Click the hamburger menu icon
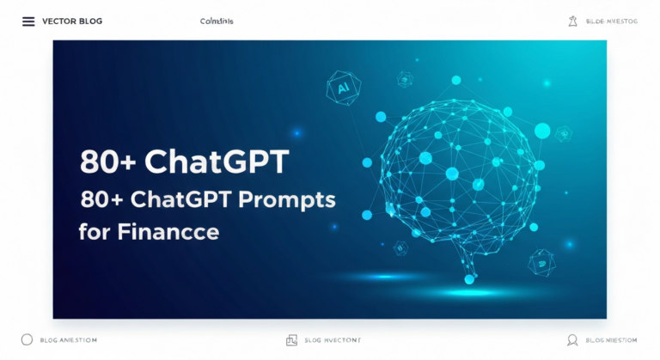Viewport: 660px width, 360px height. (28, 21)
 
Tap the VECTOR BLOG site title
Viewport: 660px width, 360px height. (72, 21)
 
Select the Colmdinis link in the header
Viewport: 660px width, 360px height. (216, 21)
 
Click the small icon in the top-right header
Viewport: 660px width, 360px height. (572, 21)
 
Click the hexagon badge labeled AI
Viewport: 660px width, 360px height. (344, 87)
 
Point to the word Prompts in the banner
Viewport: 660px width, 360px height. (291, 198)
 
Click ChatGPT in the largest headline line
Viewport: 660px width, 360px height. (217, 162)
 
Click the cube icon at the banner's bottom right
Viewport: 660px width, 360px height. (541, 262)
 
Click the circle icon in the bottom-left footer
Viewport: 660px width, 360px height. (27, 340)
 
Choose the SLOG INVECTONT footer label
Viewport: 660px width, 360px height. (333, 340)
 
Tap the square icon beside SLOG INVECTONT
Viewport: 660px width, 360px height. (291, 340)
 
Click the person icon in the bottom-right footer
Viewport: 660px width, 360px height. (572, 340)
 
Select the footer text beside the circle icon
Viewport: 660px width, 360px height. (69, 340)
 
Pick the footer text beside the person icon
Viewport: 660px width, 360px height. (611, 340)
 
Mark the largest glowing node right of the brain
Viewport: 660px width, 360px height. (542, 131)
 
